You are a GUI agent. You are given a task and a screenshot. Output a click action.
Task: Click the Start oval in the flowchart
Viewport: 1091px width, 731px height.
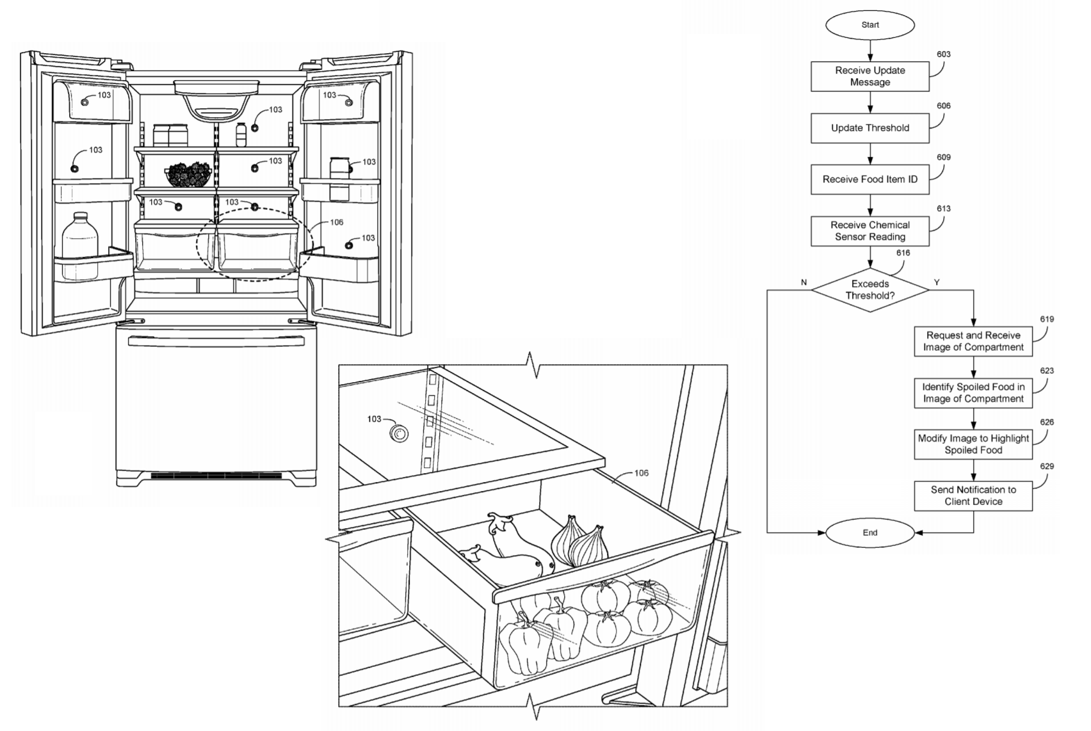coord(870,25)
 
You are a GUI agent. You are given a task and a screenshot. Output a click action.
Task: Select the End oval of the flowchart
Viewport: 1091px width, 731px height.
coord(870,533)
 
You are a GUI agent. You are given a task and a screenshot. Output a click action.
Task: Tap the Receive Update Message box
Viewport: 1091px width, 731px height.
coord(870,76)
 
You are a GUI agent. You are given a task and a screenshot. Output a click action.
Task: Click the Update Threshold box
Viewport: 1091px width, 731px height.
coord(870,128)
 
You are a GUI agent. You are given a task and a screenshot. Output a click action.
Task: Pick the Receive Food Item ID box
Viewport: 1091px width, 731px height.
coord(870,179)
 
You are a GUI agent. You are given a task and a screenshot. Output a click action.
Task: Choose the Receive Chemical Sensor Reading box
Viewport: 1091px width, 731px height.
coord(870,231)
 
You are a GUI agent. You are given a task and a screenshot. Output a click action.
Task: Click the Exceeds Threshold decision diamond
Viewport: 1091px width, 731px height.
coord(870,290)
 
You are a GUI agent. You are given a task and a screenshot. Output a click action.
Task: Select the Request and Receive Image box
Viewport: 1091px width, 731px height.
coord(973,341)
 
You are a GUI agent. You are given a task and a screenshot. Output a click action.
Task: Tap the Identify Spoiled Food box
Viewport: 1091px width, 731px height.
coord(973,393)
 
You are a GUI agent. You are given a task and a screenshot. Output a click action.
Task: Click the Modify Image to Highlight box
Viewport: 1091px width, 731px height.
coord(973,444)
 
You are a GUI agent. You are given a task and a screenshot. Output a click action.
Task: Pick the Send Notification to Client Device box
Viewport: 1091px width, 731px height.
coord(973,496)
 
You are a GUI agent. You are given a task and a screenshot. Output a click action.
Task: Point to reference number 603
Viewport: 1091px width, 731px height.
coord(944,54)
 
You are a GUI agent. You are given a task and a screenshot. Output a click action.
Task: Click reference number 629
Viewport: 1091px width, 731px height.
coord(1047,466)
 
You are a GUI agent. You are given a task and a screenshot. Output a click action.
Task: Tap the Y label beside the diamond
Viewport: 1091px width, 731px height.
coord(937,282)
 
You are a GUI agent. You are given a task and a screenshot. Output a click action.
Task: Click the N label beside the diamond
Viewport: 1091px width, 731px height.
coord(804,282)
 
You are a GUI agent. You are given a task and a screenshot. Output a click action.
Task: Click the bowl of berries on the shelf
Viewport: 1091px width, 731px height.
coord(188,174)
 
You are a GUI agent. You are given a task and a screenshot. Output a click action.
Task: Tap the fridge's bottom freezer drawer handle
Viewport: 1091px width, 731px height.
coord(216,341)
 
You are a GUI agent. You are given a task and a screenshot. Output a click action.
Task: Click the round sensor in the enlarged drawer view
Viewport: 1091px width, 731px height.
coord(400,433)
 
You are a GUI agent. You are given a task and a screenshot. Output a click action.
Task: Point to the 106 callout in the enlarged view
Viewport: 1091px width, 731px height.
coord(642,473)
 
